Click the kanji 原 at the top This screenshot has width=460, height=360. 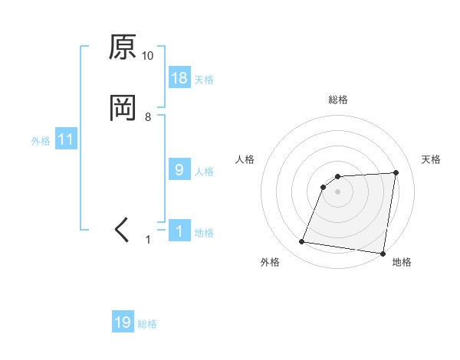[123, 47]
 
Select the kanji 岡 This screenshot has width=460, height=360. [123, 108]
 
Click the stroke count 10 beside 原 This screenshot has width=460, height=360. [148, 56]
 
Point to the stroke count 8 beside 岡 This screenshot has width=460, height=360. [148, 116]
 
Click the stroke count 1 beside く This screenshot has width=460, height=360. [149, 240]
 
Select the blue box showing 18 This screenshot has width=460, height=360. [179, 78]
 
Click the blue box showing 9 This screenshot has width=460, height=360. [179, 170]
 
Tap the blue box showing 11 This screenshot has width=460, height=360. [66, 139]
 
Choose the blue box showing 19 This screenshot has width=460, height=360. [123, 322]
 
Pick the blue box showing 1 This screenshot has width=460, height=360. [179, 231]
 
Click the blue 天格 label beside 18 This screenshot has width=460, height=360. [204, 80]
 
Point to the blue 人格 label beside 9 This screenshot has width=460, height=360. [204, 172]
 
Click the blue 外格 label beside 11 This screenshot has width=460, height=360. [41, 141]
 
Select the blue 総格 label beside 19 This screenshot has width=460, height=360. [147, 324]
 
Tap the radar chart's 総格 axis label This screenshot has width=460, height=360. [338, 100]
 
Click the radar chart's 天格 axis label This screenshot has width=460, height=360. [431, 159]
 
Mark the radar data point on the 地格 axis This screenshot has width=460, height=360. [383, 254]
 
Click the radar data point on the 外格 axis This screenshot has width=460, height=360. [302, 242]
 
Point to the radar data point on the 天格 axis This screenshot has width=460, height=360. [396, 173]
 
